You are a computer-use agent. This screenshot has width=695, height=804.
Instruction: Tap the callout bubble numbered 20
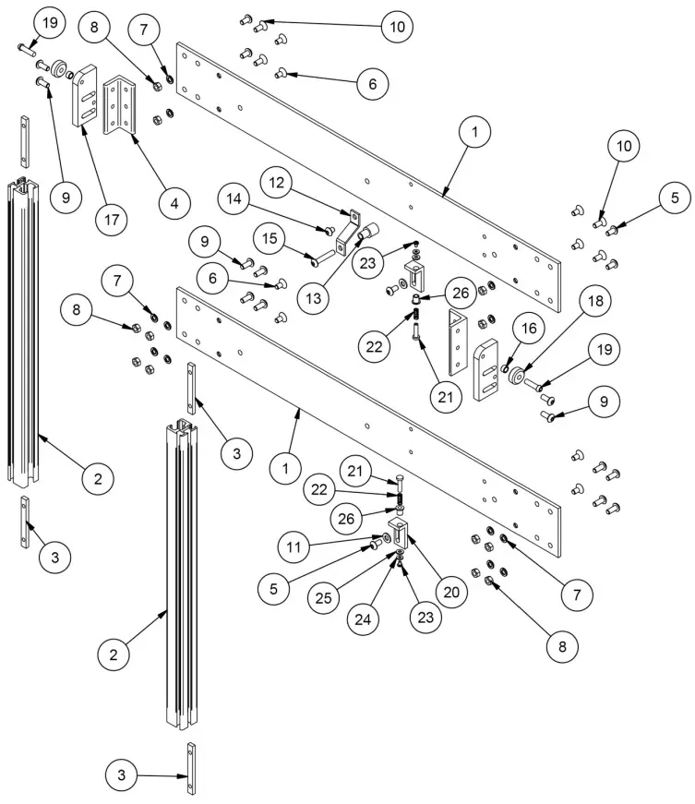pyautogui.click(x=451, y=592)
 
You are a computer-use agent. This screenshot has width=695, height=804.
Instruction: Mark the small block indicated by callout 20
pyautogui.click(x=397, y=533)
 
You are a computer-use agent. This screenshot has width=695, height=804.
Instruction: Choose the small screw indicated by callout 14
pyautogui.click(x=329, y=229)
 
